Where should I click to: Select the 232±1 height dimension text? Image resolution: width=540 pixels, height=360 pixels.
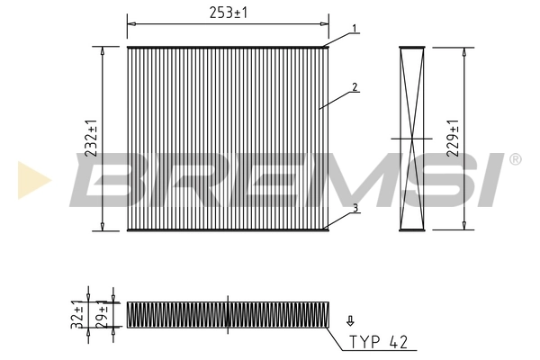91,139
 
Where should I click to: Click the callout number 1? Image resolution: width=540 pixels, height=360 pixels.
355,29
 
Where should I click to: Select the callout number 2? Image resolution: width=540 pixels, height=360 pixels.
355,87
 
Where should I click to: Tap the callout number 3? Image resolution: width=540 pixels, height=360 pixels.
355,209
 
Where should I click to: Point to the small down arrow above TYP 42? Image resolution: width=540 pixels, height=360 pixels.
350,319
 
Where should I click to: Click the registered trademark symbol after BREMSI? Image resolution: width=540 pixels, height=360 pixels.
514,159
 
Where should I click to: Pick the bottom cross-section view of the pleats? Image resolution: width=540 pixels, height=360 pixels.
229,314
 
